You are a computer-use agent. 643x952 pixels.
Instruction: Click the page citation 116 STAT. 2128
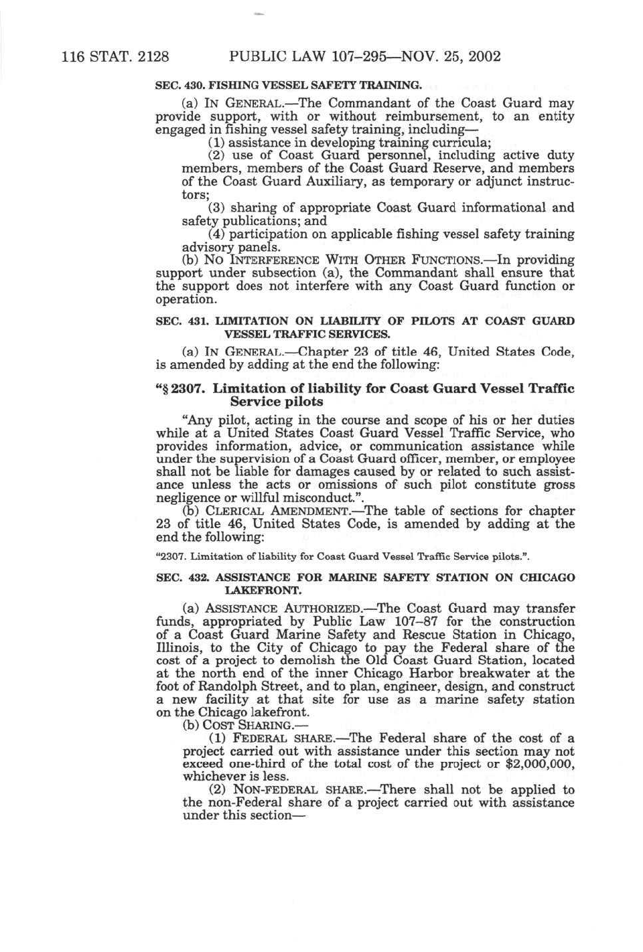click(115, 56)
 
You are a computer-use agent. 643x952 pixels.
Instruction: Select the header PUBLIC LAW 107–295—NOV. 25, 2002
click(364, 56)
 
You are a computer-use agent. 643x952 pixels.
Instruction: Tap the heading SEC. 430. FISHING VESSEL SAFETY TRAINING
click(289, 85)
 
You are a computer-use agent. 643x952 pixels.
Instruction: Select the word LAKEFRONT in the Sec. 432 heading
click(263, 590)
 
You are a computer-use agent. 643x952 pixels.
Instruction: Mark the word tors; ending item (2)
click(196, 195)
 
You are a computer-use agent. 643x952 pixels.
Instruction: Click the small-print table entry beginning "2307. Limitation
click(342, 556)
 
